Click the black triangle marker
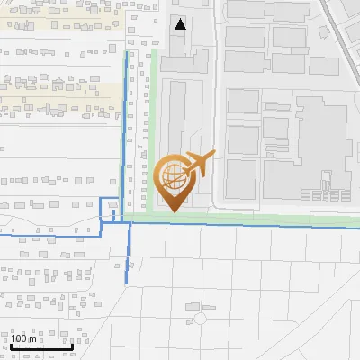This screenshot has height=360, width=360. [182, 24]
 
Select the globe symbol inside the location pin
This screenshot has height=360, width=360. [173, 177]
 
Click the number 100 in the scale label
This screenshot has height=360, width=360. [21, 339]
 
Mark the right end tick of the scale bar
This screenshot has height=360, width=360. [72, 346]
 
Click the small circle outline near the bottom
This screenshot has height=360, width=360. [200, 319]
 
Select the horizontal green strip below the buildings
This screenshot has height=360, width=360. [252, 217]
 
